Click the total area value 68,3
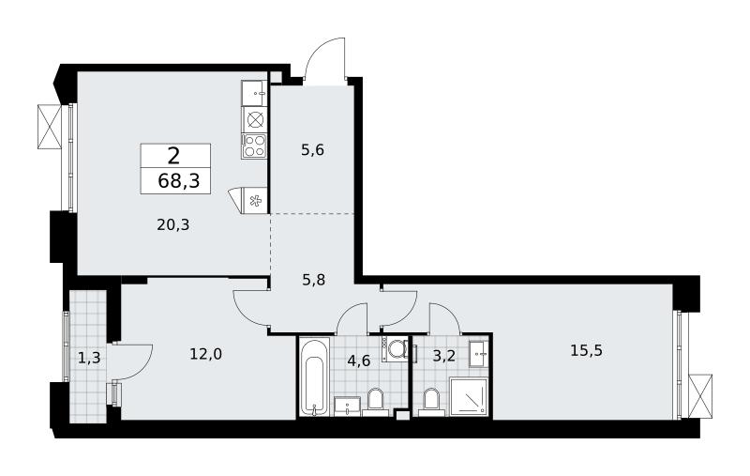(178, 181)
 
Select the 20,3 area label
(172, 224)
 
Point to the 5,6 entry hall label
(312, 150)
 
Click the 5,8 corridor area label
(314, 279)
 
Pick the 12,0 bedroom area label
(205, 354)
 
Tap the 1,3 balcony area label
(89, 358)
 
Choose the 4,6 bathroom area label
(359, 361)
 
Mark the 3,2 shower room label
(443, 357)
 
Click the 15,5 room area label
(587, 350)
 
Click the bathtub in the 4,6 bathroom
(315, 376)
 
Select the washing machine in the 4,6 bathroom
(395, 349)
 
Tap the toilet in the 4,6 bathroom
(376, 401)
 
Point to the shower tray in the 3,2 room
(469, 396)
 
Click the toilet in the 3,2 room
(431, 401)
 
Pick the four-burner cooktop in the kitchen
(253, 146)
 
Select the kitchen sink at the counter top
(254, 93)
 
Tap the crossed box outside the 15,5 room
(700, 396)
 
